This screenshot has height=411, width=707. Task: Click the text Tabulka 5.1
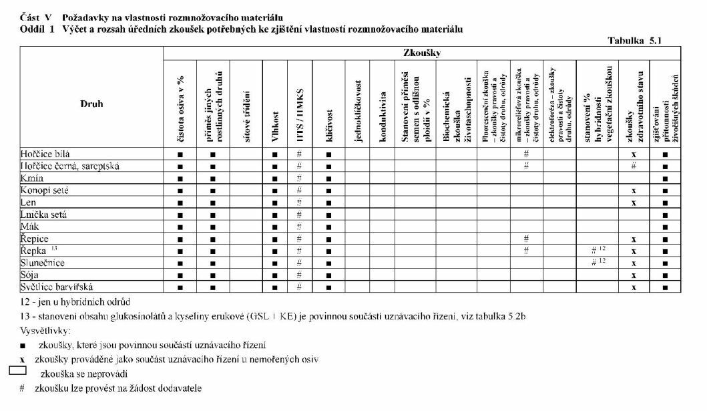pos(634,41)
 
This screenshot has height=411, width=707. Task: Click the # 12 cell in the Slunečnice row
pos(598,263)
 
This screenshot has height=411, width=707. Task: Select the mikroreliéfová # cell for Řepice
pos(527,239)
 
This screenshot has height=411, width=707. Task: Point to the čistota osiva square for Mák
pos(180,227)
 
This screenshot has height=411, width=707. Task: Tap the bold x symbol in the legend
pos(22,360)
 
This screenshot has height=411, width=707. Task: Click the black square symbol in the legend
pos(23,346)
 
